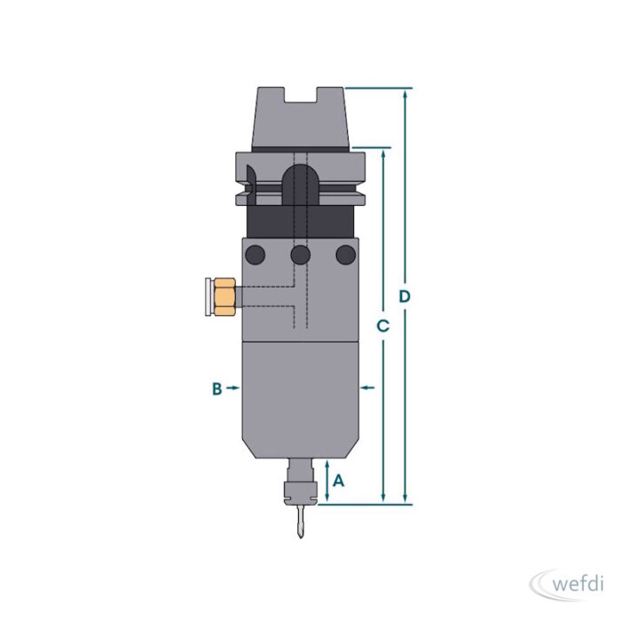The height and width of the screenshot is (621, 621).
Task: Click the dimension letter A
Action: tap(339, 481)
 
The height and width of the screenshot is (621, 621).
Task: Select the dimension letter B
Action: tap(217, 389)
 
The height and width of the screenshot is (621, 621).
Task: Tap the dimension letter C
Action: tap(383, 326)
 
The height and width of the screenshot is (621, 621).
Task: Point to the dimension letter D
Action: tap(405, 296)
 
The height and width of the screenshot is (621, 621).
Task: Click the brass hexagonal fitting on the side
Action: tap(224, 297)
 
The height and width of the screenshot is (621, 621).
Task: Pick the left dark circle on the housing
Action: tap(255, 255)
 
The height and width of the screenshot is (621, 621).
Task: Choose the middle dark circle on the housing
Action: tap(300, 255)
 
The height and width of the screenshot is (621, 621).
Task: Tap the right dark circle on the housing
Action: tap(346, 255)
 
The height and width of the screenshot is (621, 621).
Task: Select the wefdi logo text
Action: tap(578, 584)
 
